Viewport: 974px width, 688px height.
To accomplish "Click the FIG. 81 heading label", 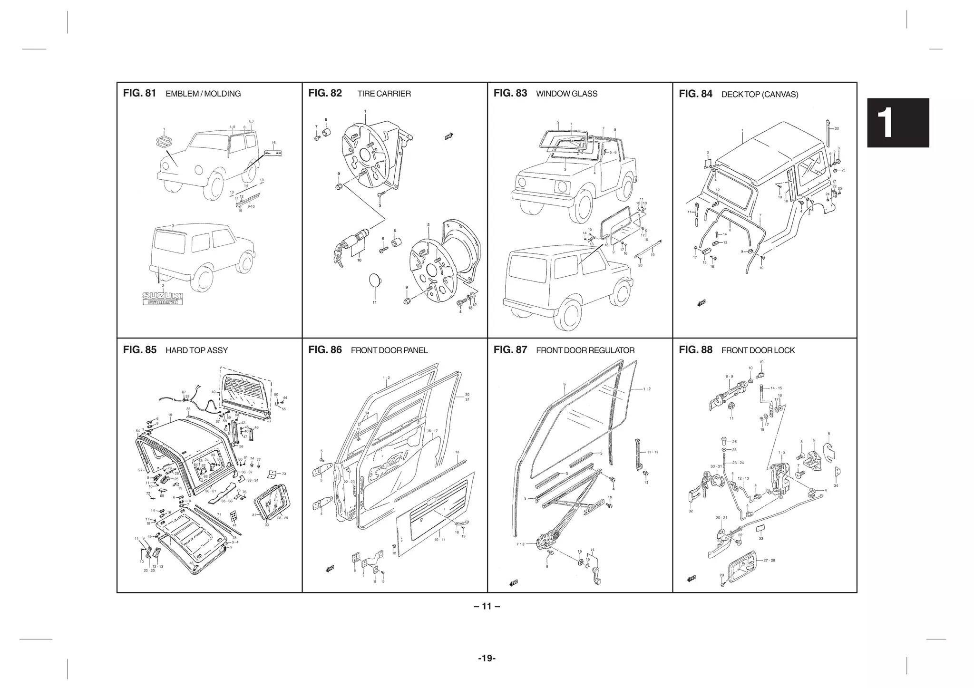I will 139,93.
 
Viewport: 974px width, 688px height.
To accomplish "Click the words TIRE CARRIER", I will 384,94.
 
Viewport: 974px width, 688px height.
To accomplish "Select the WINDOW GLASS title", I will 566,94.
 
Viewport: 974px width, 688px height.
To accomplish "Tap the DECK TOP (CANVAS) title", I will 760,94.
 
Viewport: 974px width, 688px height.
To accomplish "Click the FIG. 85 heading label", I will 139,350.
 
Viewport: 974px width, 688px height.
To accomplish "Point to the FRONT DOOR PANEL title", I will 389,350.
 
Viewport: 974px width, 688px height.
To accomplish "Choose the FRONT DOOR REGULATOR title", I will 585,350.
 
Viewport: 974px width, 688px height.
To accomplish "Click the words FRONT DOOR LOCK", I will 758,350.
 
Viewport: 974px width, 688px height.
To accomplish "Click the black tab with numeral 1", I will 897,123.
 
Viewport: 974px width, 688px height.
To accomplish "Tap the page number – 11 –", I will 487,606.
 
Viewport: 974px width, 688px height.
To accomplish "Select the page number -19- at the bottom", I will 487,659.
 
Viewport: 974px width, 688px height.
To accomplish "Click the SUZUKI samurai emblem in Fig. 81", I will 163,299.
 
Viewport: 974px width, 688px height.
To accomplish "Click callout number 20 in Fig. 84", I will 837,128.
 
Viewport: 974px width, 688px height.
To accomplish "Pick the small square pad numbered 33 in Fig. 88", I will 760,528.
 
